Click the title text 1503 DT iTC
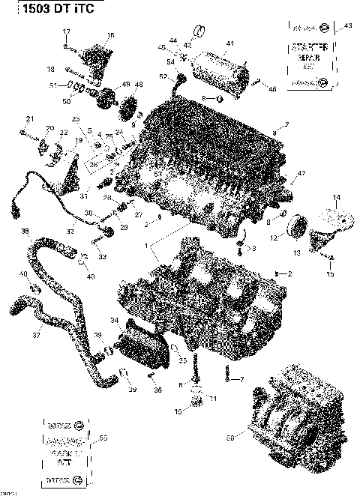(37, 11)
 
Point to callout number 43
(347, 26)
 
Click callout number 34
(114, 321)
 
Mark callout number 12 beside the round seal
(274, 238)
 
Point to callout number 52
(163, 77)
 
